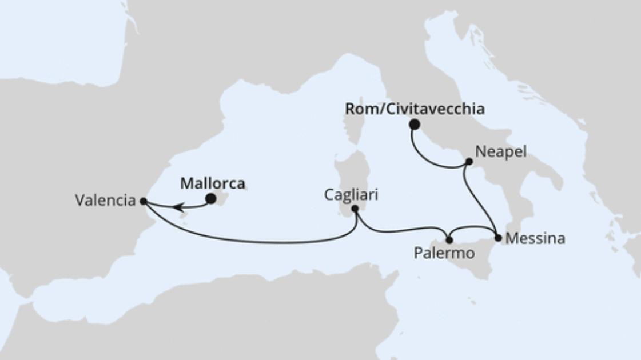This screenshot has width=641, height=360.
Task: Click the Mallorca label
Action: pos(213,183)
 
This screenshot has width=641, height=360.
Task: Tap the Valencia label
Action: pos(105,201)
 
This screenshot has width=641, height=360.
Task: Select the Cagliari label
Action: pos(351,194)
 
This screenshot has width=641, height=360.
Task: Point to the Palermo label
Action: pos(444,253)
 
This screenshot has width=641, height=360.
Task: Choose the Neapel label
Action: pos(500,151)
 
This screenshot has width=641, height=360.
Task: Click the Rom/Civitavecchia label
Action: pos(415,109)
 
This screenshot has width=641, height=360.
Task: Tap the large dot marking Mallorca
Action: pos(210,199)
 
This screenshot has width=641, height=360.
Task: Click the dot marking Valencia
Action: pos(143,201)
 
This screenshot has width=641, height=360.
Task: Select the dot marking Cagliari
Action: pos(355,209)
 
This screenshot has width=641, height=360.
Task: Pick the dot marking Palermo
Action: pos(449,240)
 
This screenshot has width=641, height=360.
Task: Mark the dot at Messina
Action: pos(498,237)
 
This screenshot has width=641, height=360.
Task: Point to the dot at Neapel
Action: pos(469,162)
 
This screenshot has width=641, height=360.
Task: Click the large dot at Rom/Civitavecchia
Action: pos(415,124)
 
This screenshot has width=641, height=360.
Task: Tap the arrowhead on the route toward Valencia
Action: pos(178,207)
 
